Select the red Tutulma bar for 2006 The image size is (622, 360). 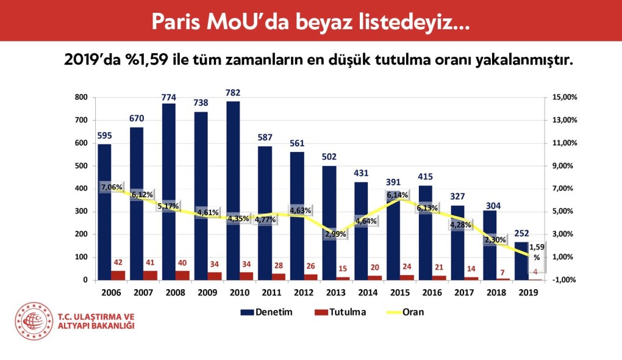pyautogui.click(x=118, y=275)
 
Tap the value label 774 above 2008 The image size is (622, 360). pyautogui.click(x=169, y=97)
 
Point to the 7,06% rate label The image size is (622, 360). pyautogui.click(x=112, y=187)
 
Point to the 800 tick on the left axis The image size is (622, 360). pyautogui.click(x=82, y=98)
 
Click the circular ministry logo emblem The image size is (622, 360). pyautogui.click(x=34, y=322)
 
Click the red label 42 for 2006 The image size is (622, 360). pyautogui.click(x=119, y=262)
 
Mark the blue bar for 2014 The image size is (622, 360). pyautogui.click(x=362, y=226)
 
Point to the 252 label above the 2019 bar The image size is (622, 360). pyautogui.click(x=521, y=232)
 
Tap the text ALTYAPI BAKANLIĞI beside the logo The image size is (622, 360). pyautogui.click(x=96, y=326)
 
